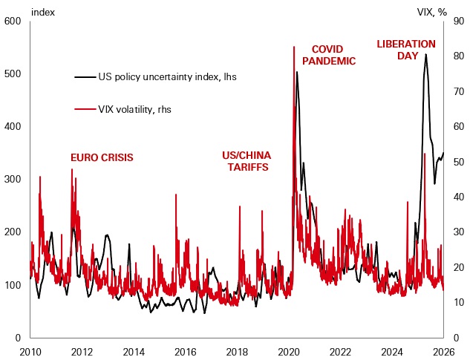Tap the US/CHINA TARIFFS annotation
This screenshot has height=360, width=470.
click(x=247, y=161)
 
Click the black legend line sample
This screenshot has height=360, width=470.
click(x=85, y=76)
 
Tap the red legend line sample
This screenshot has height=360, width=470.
click(x=85, y=109)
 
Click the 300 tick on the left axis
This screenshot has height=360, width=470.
click(x=13, y=180)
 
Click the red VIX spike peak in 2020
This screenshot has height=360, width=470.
click(x=294, y=47)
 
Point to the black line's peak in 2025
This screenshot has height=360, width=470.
click(x=426, y=54)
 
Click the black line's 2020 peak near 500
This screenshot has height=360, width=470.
click(x=297, y=72)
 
